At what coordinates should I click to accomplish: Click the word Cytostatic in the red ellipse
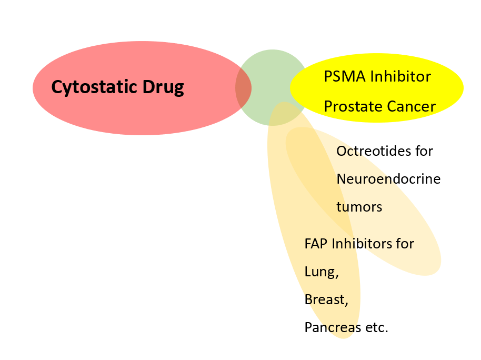[94, 87]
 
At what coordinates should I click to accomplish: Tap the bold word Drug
[163, 87]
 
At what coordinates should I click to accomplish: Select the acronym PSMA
[345, 76]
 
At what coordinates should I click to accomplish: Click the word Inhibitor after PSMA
[400, 76]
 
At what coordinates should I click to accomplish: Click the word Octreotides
[374, 151]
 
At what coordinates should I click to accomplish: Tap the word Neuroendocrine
[388, 179]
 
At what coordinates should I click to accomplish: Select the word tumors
[359, 207]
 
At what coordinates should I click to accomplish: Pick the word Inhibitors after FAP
[361, 244]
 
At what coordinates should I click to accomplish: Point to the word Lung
[322, 272]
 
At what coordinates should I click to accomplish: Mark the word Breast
[326, 300]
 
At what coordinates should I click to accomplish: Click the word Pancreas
[333, 327]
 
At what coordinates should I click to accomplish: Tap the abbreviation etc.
[377, 328]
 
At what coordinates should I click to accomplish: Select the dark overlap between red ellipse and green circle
[243, 88]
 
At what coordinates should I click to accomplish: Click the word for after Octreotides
[424, 151]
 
